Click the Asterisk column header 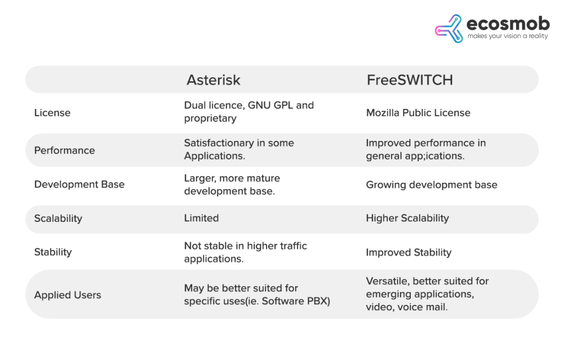(213, 80)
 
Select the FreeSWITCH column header (409, 80)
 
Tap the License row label (52, 113)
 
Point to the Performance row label (64, 150)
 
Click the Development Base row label (79, 184)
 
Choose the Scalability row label (58, 219)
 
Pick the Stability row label (53, 252)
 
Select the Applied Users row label (68, 295)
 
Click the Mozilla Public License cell (418, 113)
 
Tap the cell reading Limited (201, 219)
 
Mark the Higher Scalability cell (407, 219)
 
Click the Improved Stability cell (408, 253)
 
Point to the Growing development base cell (431, 185)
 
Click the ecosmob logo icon (449, 29)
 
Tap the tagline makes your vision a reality (507, 36)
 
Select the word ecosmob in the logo (508, 24)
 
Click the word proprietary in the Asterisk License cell (210, 119)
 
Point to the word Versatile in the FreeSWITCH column (386, 281)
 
